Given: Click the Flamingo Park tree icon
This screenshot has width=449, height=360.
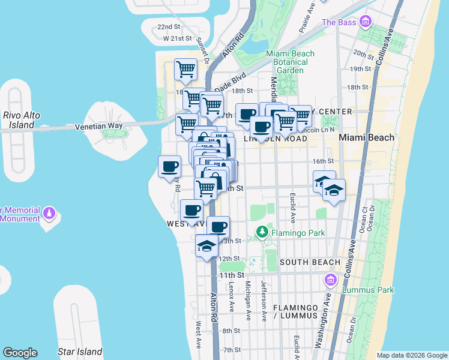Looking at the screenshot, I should coord(262,231).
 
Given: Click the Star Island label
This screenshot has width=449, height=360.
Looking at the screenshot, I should coord(79,352).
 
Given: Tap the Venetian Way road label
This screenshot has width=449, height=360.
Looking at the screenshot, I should coord(98,126).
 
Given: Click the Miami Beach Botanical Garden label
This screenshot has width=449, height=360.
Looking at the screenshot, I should coord(290,62).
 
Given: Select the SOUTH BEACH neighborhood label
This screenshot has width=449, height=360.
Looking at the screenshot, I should coord(310,262).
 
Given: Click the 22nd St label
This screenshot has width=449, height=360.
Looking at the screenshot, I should coord(169,27).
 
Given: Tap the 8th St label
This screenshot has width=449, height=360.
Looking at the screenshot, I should coord(231,331).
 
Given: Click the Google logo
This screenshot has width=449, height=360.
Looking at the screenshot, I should coord(20,353).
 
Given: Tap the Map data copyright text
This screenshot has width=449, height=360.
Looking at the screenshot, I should coord(411,355).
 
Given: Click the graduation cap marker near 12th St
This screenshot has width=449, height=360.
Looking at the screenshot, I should coord(206,247).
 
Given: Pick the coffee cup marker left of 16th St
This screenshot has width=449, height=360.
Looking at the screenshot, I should coord(170,166).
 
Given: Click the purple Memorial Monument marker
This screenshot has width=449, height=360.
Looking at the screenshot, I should coord(49,214).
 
